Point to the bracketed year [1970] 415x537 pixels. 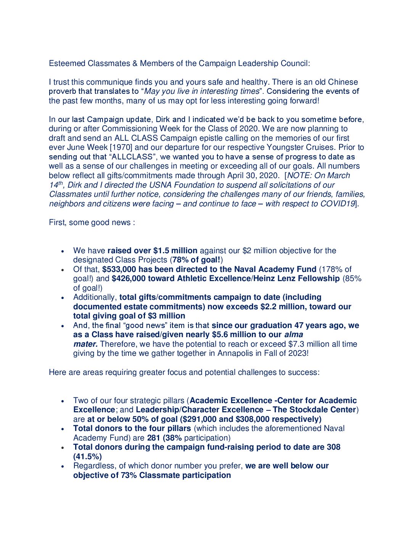click(x=121, y=147)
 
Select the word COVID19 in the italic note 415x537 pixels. click(x=338, y=204)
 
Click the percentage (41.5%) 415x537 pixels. click(x=87, y=457)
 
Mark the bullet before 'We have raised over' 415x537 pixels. click(x=63, y=251)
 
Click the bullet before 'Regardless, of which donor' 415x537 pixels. click(x=63, y=466)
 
